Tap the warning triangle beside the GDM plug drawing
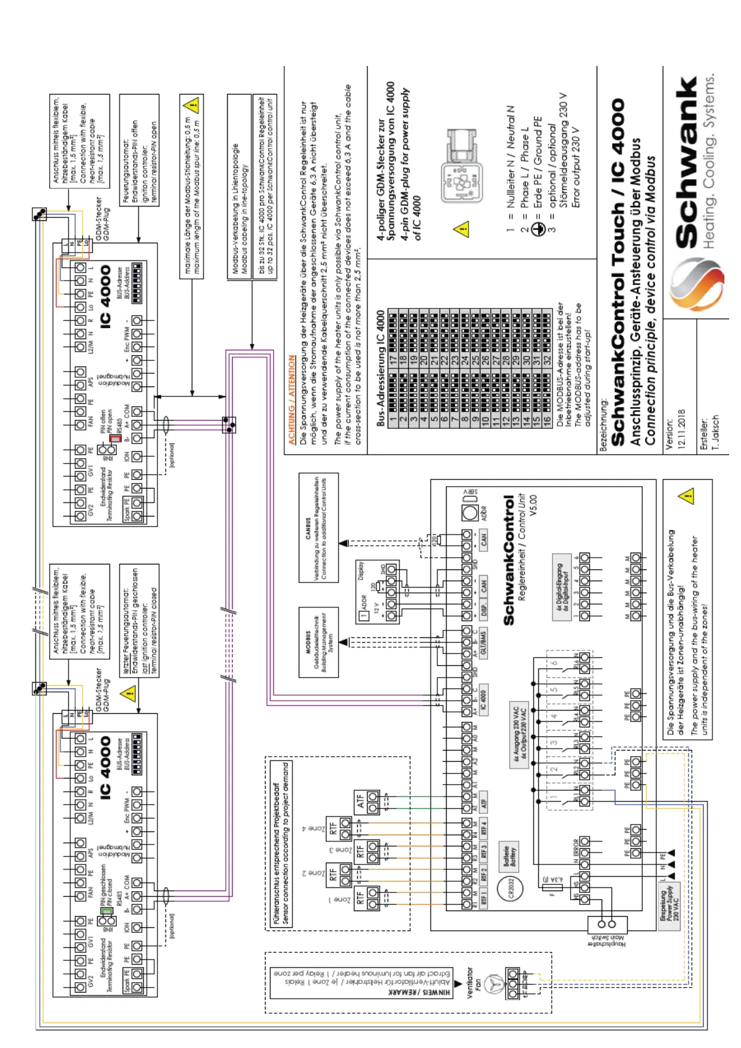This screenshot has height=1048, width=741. [x=461, y=229]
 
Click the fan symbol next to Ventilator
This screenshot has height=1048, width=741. [x=493, y=981]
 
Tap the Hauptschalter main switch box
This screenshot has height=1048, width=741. [x=606, y=924]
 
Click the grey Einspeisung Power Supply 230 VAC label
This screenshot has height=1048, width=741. [x=670, y=905]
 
